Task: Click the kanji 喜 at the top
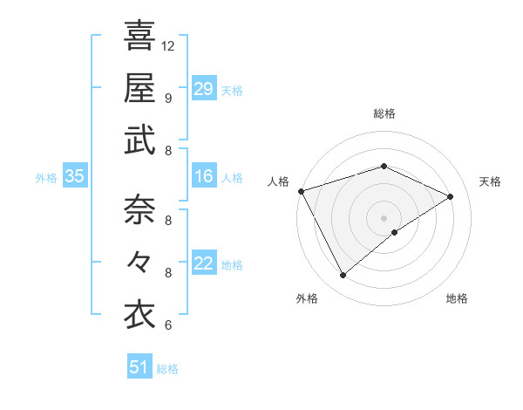[x=139, y=36]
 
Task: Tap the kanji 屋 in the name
[x=139, y=88]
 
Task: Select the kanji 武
[x=139, y=140]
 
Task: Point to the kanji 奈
[x=139, y=210]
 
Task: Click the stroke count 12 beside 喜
[x=169, y=45]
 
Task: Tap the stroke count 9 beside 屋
[x=168, y=98]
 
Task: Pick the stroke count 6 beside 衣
[x=168, y=325]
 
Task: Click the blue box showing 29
[x=203, y=89]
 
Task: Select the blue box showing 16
[x=203, y=177]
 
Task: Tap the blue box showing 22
[x=203, y=264]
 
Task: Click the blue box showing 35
[x=74, y=177]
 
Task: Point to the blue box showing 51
[x=139, y=367]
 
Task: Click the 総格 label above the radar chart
[x=384, y=114]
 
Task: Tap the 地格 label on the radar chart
[x=457, y=298]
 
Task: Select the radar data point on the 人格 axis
[x=301, y=191]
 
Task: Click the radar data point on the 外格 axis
[x=343, y=276]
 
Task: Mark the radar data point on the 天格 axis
[x=451, y=196]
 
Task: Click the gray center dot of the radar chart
[x=384, y=217]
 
